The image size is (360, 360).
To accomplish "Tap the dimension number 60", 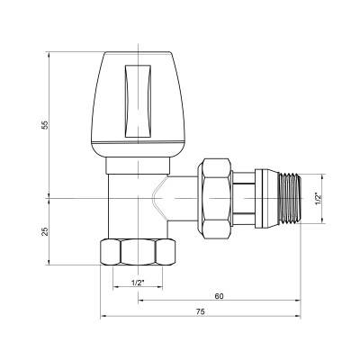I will pos(218,295).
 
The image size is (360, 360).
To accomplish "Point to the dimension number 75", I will pos(201,311).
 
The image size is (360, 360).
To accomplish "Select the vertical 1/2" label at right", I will pos(316,197).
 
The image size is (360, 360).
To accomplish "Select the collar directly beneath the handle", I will pos(139,166).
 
